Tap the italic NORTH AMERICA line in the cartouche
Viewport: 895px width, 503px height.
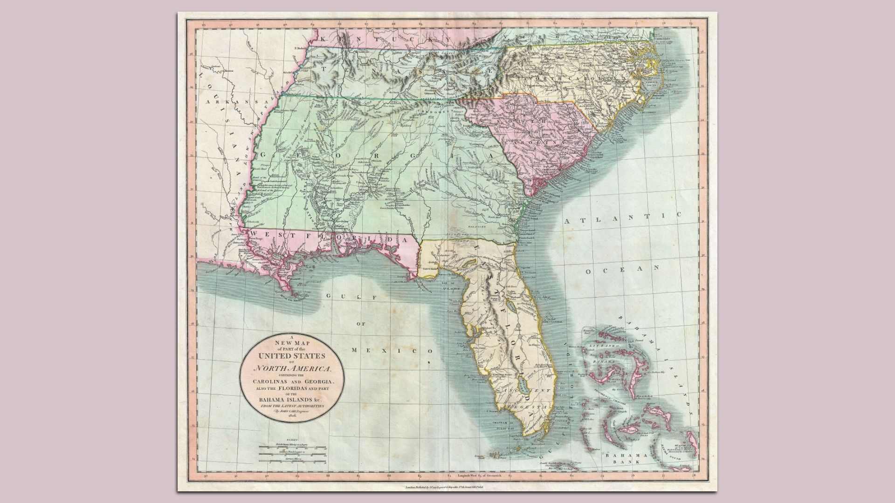tap(292, 369)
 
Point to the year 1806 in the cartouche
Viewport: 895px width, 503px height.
tap(292, 421)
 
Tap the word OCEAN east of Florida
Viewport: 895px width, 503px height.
tap(622, 269)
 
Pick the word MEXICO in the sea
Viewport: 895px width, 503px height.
tap(392, 350)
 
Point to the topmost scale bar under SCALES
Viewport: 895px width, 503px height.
tap(293, 446)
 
